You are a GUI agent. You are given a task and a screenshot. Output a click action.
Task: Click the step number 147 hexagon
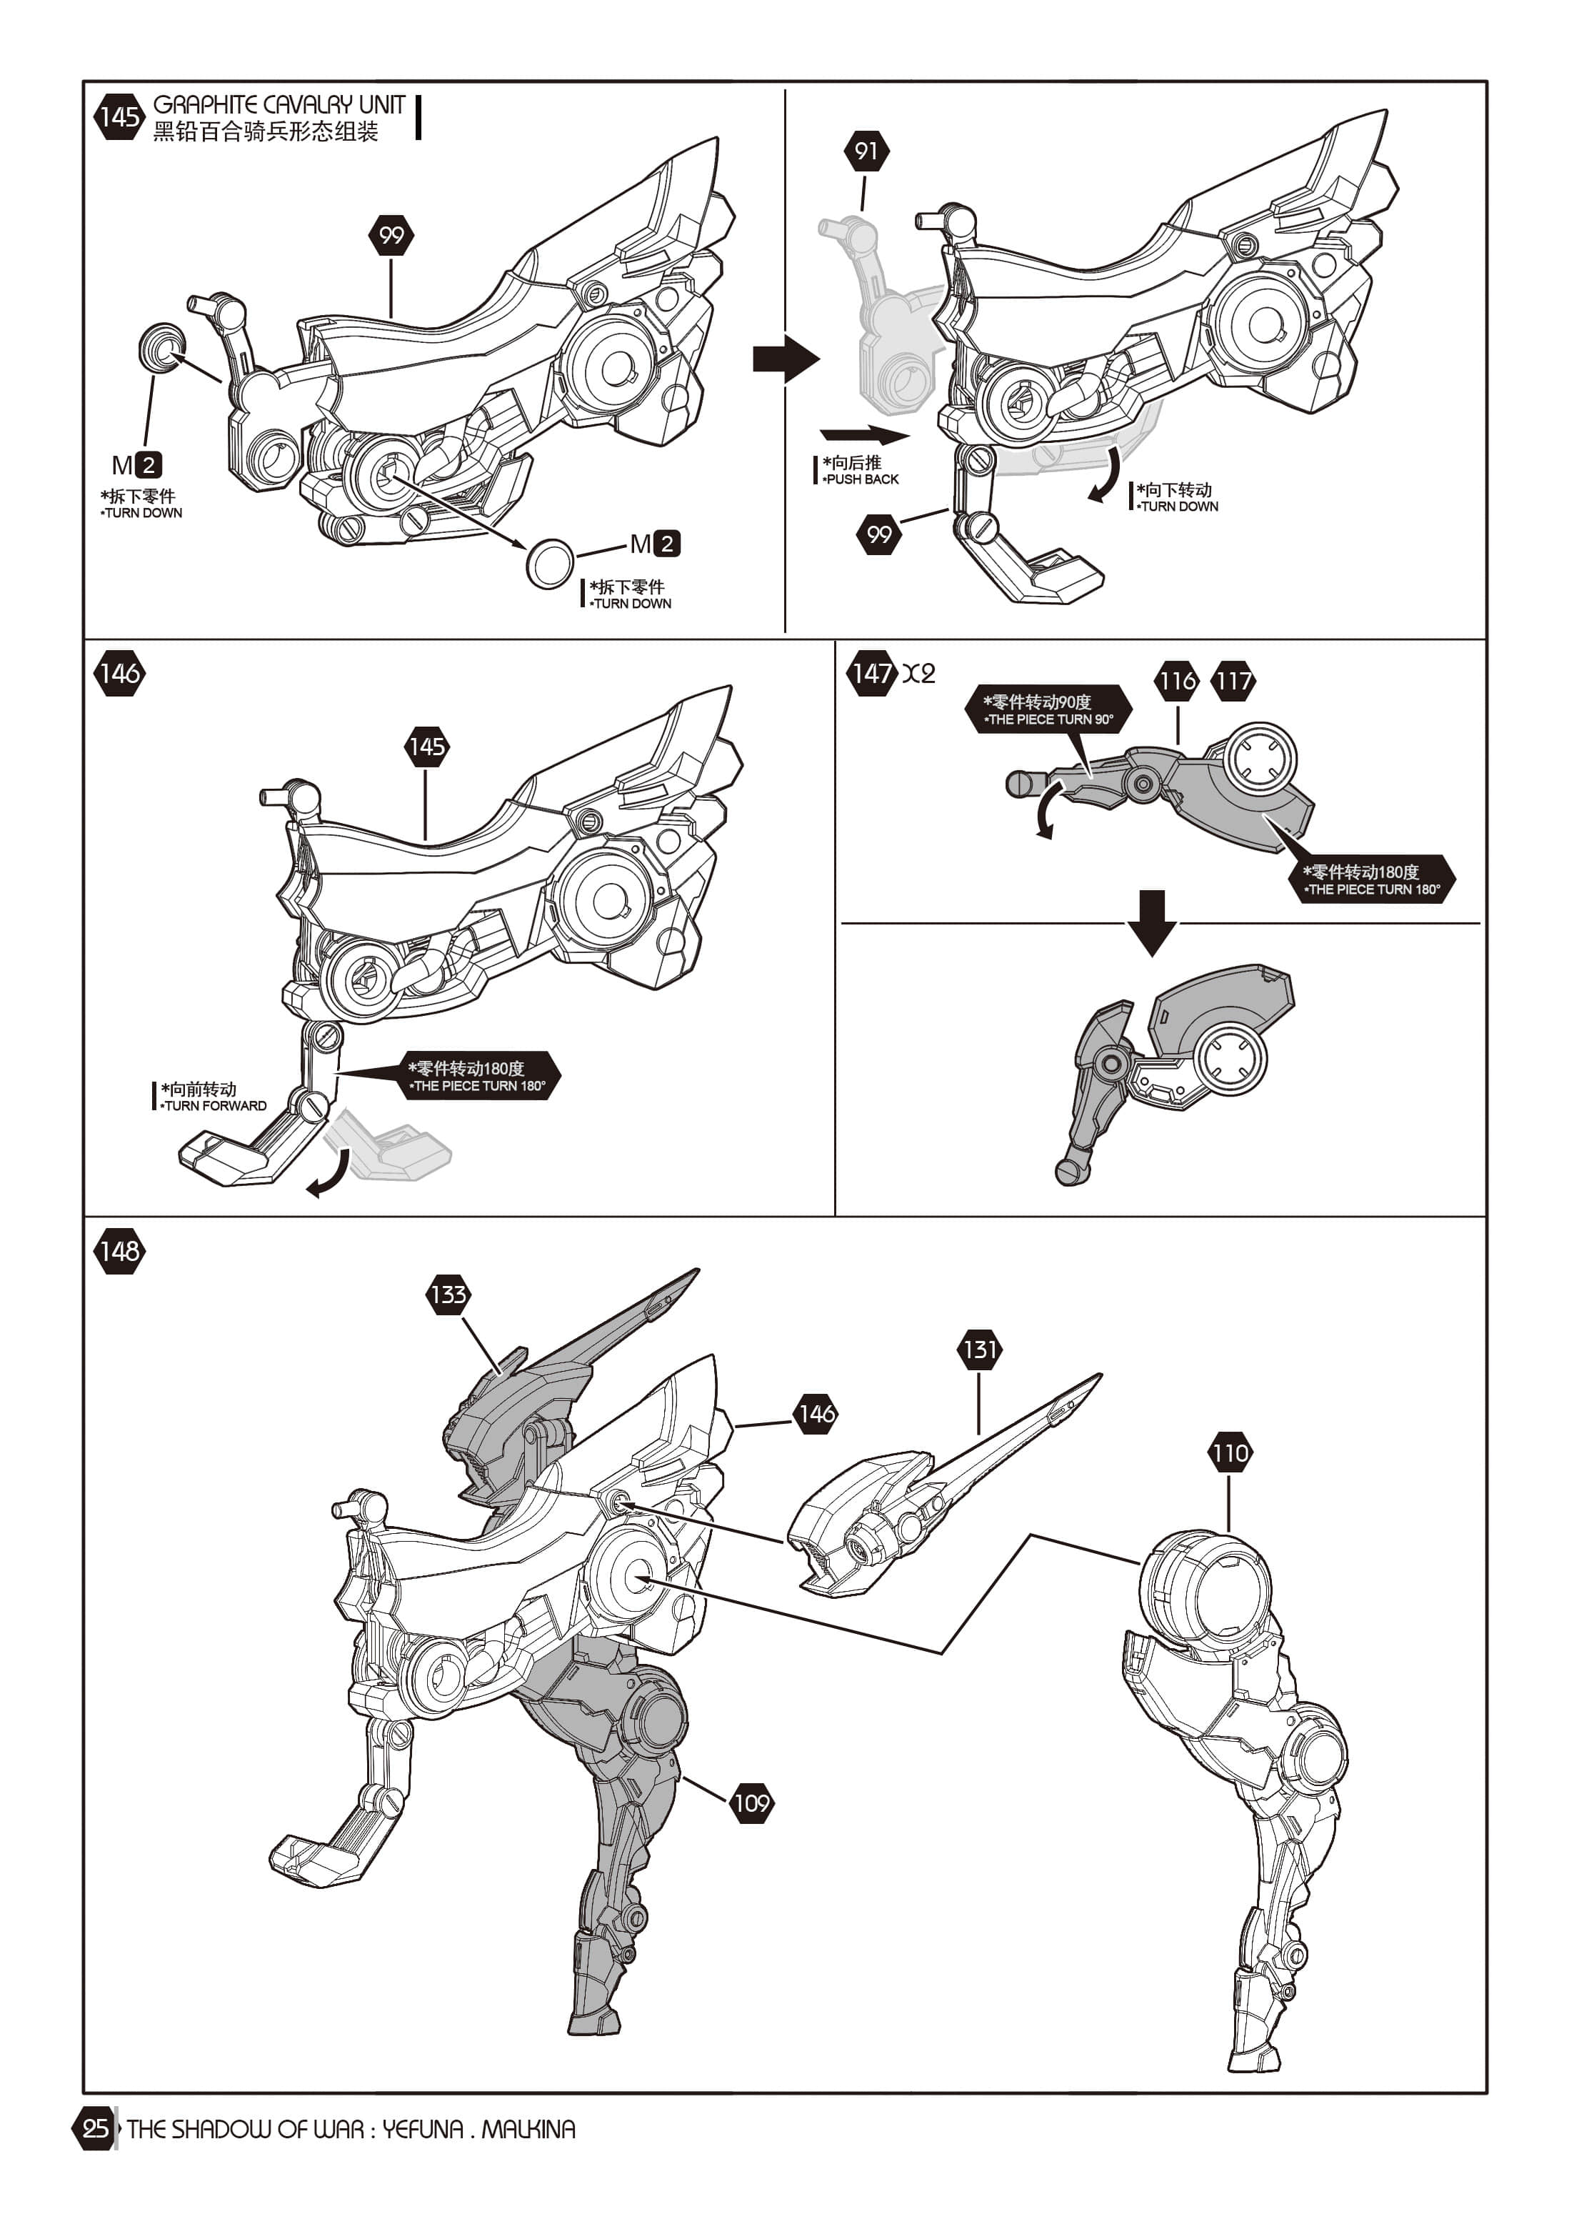(x=871, y=673)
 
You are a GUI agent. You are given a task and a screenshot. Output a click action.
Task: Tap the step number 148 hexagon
(x=120, y=1251)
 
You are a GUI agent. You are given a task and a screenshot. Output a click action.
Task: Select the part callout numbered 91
(x=866, y=151)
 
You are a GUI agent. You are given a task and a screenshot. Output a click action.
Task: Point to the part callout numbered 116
(x=1177, y=682)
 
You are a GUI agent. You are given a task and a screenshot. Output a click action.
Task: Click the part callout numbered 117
(x=1233, y=682)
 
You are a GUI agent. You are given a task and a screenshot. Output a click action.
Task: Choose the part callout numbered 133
(x=448, y=1294)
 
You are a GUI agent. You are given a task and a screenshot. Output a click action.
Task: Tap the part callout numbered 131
(x=978, y=1349)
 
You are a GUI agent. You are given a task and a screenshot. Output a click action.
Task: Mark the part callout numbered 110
(x=1229, y=1452)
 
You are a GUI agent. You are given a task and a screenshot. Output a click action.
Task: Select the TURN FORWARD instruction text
(x=214, y=1106)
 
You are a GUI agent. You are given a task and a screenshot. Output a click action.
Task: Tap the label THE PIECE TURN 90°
(x=1049, y=719)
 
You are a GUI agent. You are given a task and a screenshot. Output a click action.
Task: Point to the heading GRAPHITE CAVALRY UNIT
(x=279, y=104)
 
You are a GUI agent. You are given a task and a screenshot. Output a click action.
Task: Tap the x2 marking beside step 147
(x=919, y=674)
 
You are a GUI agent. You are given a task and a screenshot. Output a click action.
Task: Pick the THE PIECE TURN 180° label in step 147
(x=1373, y=889)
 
